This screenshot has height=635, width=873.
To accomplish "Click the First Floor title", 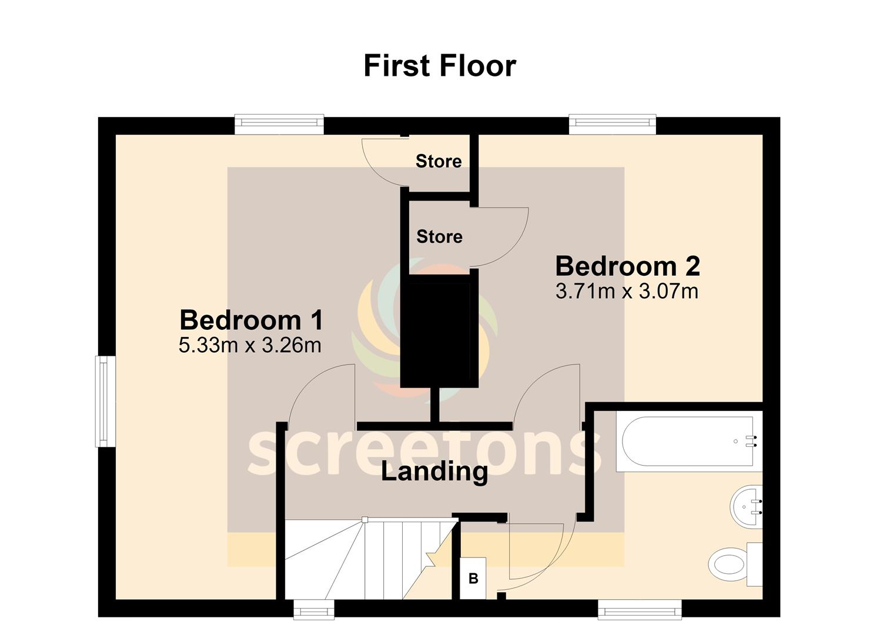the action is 440,66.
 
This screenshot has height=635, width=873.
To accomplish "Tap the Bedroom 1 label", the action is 252,320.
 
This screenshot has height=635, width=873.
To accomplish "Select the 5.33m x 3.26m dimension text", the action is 250,345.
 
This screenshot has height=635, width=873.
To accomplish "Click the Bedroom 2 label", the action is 627,266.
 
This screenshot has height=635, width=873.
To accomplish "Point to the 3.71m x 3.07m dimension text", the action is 627,291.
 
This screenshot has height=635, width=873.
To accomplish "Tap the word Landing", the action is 434,472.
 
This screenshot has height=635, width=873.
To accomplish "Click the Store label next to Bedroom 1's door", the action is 439,161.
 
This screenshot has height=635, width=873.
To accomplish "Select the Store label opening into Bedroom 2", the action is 439,236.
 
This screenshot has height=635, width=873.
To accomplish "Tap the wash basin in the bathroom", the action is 746,507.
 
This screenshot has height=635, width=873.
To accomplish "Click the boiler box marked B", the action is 473,578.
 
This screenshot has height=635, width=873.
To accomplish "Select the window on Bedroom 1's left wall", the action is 102,401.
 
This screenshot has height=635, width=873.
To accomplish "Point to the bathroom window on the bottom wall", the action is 640,609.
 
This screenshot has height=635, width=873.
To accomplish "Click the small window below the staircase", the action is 314,609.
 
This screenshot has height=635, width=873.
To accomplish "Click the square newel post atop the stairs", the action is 364,520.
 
